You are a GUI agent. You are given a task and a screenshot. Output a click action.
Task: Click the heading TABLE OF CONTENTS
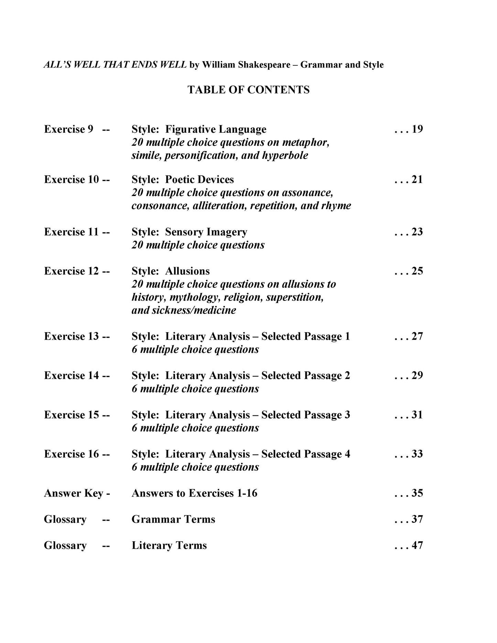pyautogui.click(x=248, y=90)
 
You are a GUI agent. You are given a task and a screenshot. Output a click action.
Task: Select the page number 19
pyautogui.click(x=417, y=129)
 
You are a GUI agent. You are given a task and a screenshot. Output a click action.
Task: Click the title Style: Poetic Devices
pyautogui.click(x=182, y=179)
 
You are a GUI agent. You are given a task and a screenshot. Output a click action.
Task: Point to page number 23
pyautogui.click(x=417, y=232)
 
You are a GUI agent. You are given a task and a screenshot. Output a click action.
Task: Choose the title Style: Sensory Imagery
pyautogui.click(x=189, y=232)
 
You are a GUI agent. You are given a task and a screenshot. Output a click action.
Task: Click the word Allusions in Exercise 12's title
pyautogui.click(x=187, y=271)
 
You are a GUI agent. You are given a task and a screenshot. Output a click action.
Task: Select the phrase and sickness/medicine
pyautogui.click(x=184, y=310)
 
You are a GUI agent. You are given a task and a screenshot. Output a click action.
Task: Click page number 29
pyautogui.click(x=417, y=375)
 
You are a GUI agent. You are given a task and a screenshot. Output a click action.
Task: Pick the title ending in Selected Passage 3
pyautogui.click(x=240, y=415)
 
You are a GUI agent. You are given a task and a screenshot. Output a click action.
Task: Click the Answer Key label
pyautogui.click(x=74, y=493)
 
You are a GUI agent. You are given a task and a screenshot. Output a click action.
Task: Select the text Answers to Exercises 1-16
pyautogui.click(x=194, y=493)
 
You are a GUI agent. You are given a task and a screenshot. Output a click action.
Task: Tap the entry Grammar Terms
pyautogui.click(x=173, y=519)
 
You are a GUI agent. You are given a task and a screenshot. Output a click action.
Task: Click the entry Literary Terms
pyautogui.click(x=169, y=545)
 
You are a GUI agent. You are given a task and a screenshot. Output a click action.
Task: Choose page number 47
pyautogui.click(x=417, y=545)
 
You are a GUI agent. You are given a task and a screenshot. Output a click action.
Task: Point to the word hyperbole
pyautogui.click(x=285, y=155)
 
